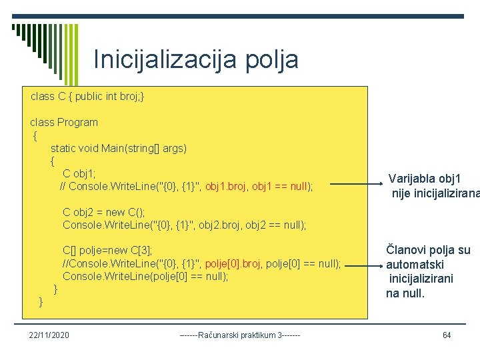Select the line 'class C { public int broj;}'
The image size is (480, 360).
click(87, 97)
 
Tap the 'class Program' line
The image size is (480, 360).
click(64, 122)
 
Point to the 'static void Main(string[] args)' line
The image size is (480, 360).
click(119, 148)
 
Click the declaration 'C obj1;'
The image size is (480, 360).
click(79, 173)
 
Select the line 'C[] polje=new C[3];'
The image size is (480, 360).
click(107, 251)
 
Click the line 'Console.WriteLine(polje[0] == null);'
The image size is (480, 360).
click(145, 276)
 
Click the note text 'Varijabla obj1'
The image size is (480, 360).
click(425, 179)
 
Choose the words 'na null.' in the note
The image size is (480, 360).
click(405, 293)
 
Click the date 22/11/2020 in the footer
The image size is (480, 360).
click(50, 334)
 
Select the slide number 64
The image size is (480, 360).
click(447, 334)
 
